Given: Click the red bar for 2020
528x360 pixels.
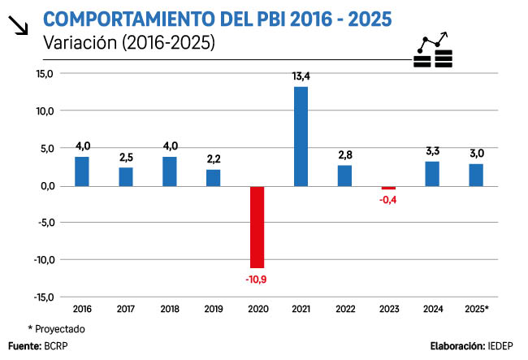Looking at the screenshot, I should click(x=257, y=227).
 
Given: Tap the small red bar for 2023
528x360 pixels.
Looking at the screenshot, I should click(x=388, y=188).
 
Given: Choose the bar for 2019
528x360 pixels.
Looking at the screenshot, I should click(x=213, y=178).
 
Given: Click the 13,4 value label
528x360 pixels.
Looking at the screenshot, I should click(x=301, y=77).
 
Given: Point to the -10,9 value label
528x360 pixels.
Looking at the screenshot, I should click(x=257, y=280).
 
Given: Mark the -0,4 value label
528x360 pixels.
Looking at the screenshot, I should click(x=388, y=201).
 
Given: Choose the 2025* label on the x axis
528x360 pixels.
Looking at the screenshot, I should click(x=476, y=310).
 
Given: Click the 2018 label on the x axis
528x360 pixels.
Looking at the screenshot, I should click(x=169, y=310).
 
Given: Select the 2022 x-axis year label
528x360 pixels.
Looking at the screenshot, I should click(x=344, y=310).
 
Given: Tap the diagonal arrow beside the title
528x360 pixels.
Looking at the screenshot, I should click(x=16, y=26).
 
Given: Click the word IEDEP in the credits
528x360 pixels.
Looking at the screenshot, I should click(x=502, y=346).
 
